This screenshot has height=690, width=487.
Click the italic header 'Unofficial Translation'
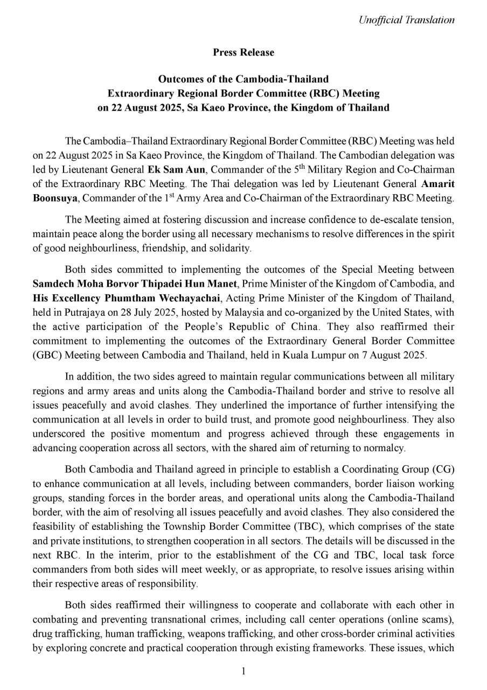pyautogui.click(x=406, y=20)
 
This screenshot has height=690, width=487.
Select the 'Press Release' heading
pyautogui.click(x=244, y=52)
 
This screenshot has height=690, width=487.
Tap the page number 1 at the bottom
pyautogui.click(x=244, y=671)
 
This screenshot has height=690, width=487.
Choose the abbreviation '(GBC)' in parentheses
pyautogui.click(x=46, y=355)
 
